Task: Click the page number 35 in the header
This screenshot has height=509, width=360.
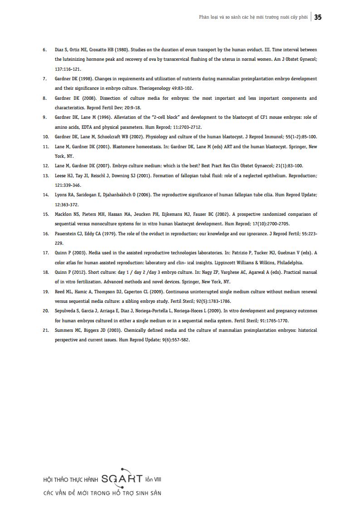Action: [318, 17]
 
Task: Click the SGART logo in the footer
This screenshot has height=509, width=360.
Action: [122, 478]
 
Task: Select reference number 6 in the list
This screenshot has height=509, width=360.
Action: [44, 49]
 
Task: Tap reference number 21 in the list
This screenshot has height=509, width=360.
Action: [45, 330]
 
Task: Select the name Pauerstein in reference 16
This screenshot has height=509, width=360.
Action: [65, 234]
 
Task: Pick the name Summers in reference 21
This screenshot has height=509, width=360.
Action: [64, 330]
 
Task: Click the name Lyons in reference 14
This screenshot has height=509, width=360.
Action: [61, 195]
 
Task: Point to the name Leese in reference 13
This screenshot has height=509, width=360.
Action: [61, 175]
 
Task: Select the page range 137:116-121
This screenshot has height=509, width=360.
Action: [68, 69]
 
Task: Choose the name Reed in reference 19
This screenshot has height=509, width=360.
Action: [59, 291]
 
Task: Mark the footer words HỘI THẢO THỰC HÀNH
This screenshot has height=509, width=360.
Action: [70, 479]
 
